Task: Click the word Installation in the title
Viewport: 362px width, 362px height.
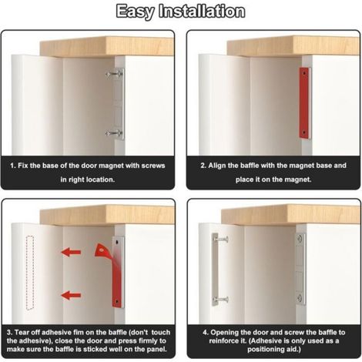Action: point(202,12)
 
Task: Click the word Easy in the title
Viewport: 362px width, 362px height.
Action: point(136,12)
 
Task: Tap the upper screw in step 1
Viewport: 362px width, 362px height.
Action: point(114,74)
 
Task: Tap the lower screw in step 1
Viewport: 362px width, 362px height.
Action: point(114,133)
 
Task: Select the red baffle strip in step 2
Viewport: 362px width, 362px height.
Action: point(304,103)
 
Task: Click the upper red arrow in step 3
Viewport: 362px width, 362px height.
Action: point(71,252)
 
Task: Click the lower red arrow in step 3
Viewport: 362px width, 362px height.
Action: point(71,295)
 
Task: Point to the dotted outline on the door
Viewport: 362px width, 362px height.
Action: point(30,273)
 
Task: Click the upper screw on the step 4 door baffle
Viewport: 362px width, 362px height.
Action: point(220,240)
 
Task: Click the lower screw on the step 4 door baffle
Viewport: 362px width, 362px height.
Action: point(220,300)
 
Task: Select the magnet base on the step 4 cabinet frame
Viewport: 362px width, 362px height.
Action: point(300,269)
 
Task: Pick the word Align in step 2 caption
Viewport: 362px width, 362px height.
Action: point(216,166)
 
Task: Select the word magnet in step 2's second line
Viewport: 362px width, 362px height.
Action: point(297,179)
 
